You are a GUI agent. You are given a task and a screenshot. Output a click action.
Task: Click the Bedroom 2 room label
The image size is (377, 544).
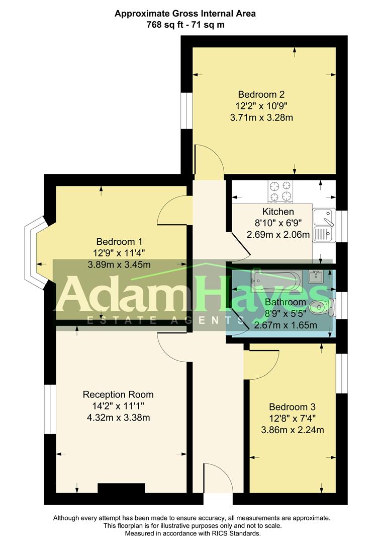click(261, 94)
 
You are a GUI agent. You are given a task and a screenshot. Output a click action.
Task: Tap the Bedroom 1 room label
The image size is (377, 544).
click(120, 241)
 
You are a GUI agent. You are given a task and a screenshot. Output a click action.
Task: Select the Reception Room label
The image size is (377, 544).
click(118, 394)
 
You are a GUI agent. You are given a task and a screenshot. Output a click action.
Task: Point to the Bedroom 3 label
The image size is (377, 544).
click(293, 407)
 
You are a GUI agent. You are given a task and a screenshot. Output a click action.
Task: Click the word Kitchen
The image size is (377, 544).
click(278, 212)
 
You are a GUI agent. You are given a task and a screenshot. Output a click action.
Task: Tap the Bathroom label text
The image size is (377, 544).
click(285, 302)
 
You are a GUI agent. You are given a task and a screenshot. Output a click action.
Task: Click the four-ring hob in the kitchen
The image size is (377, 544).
click(280, 191)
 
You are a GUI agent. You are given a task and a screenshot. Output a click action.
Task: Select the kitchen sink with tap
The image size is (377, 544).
click(324, 225)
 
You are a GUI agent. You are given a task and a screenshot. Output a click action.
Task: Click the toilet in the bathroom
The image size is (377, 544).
click(322, 307)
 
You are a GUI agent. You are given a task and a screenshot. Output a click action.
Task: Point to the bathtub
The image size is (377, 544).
click(277, 280)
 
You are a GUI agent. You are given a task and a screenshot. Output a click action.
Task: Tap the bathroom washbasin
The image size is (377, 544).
click(316, 277)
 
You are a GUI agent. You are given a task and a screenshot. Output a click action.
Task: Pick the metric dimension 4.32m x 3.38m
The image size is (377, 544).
click(119, 418)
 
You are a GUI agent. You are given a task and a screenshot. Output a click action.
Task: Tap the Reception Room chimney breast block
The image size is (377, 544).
click(121, 488)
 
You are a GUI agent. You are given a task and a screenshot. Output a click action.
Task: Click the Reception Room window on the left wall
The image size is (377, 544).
click(50, 410)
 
